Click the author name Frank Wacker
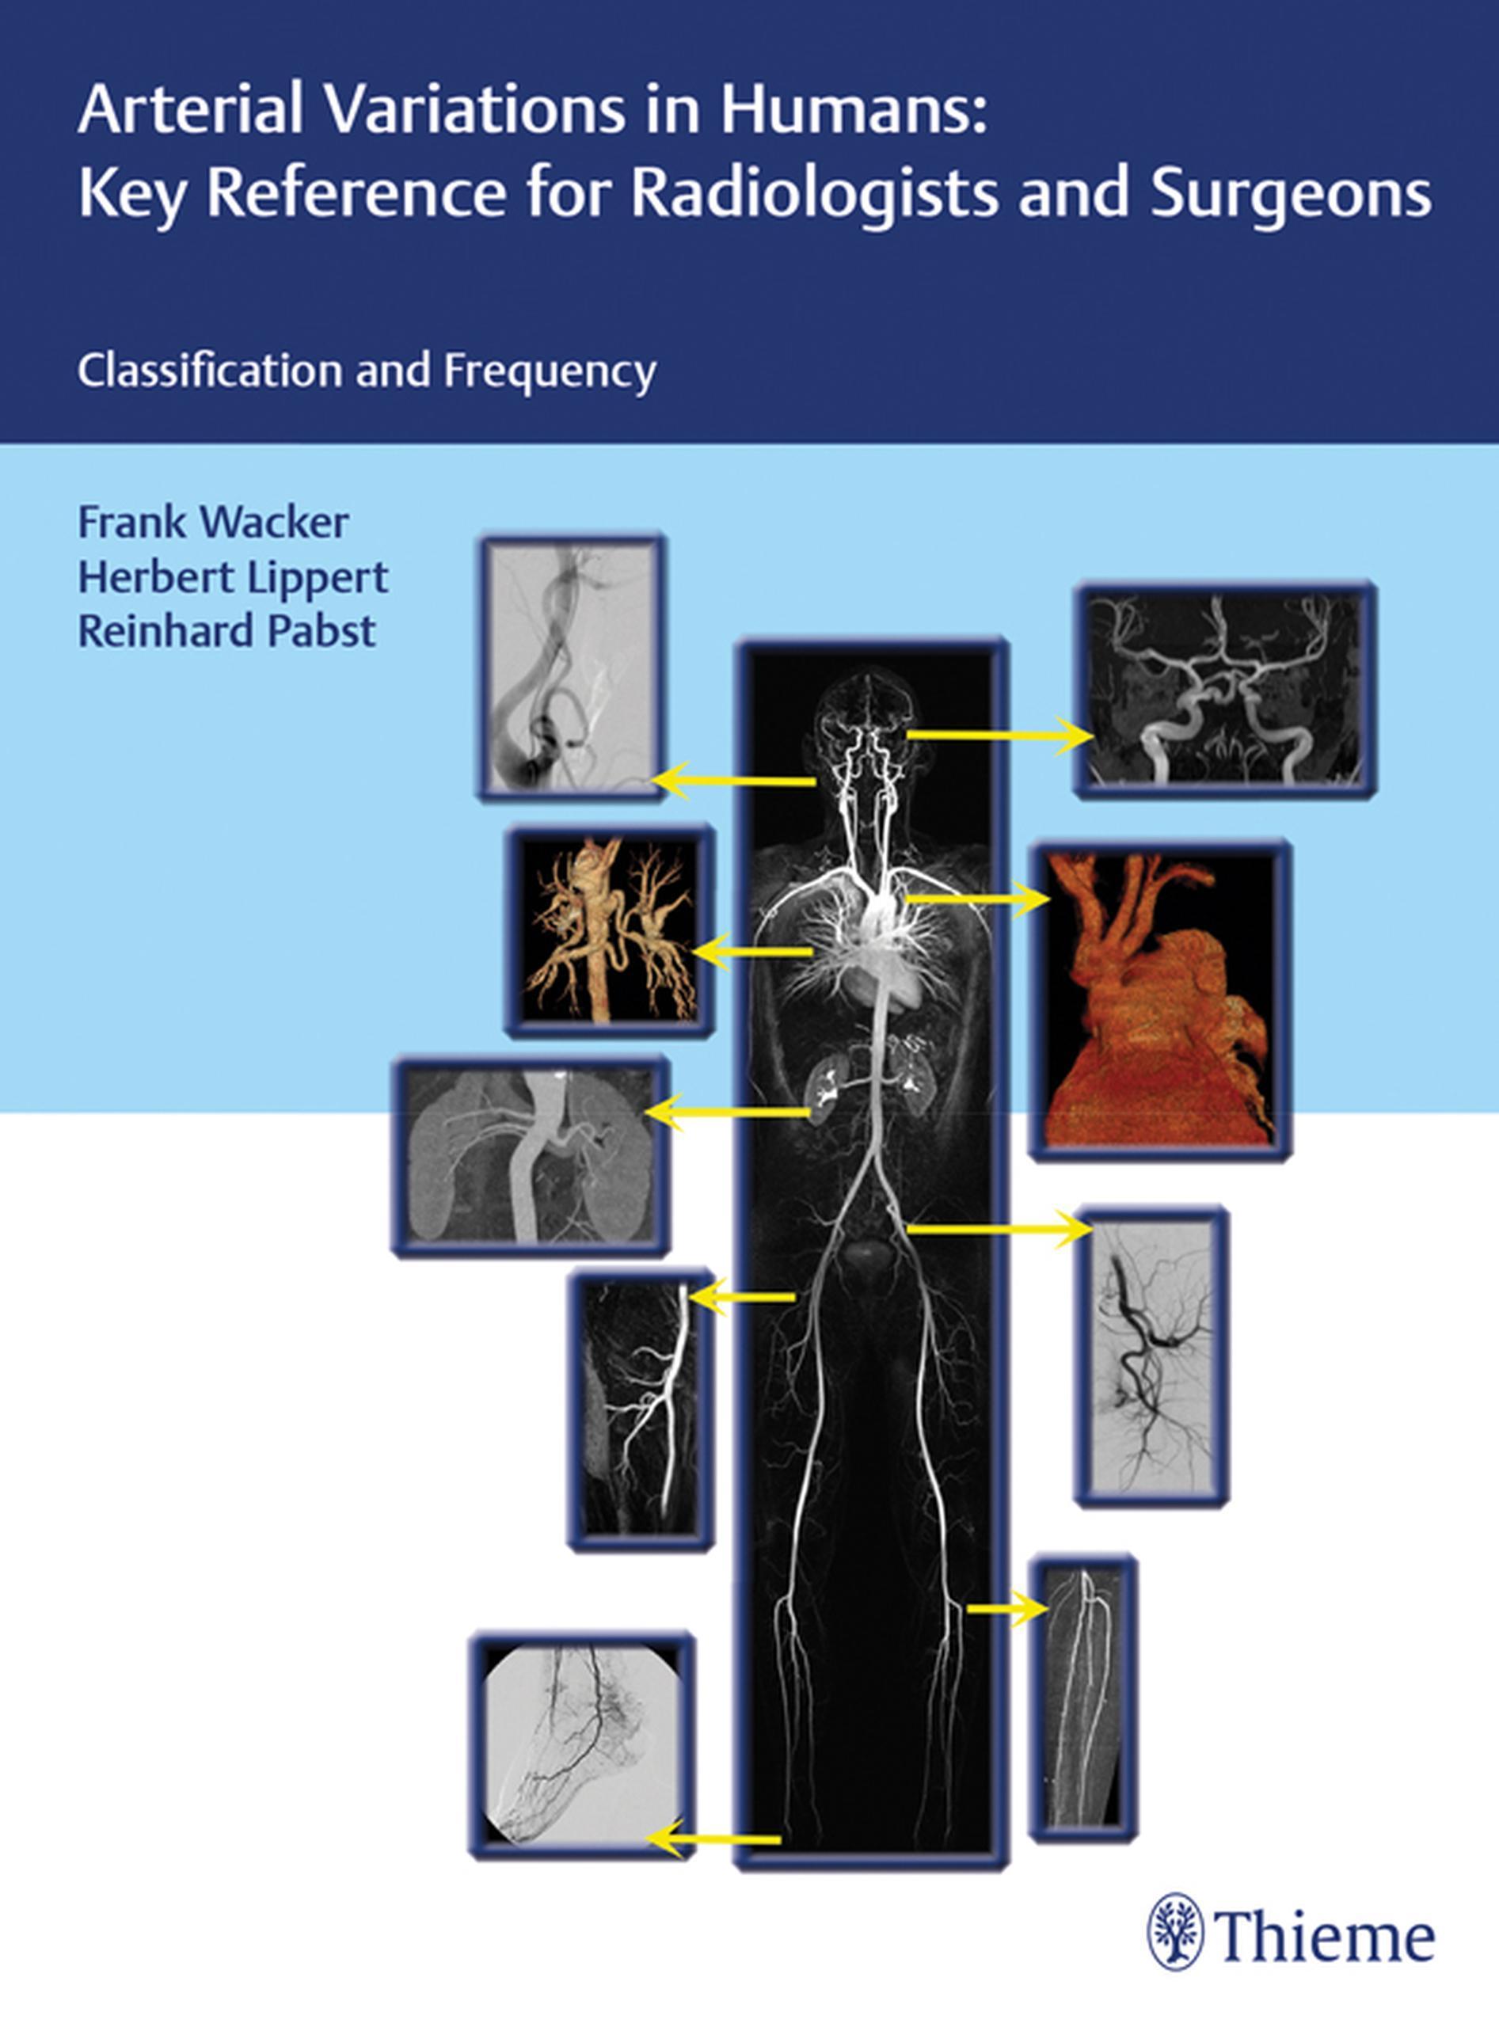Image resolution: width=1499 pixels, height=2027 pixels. click(x=213, y=523)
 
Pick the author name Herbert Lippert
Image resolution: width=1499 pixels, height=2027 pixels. click(x=233, y=578)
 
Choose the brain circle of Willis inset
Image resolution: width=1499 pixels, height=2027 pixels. click(x=1225, y=690)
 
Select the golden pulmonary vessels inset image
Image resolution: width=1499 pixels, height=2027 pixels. click(x=611, y=931)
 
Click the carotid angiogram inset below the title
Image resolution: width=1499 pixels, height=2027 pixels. click(x=572, y=667)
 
